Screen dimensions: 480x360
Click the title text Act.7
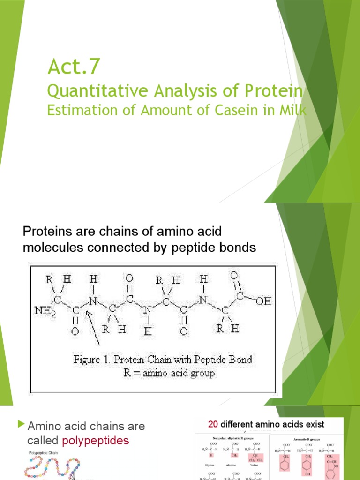(74, 67)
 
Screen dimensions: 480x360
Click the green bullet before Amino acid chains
(20, 425)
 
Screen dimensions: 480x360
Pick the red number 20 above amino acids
(213, 425)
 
